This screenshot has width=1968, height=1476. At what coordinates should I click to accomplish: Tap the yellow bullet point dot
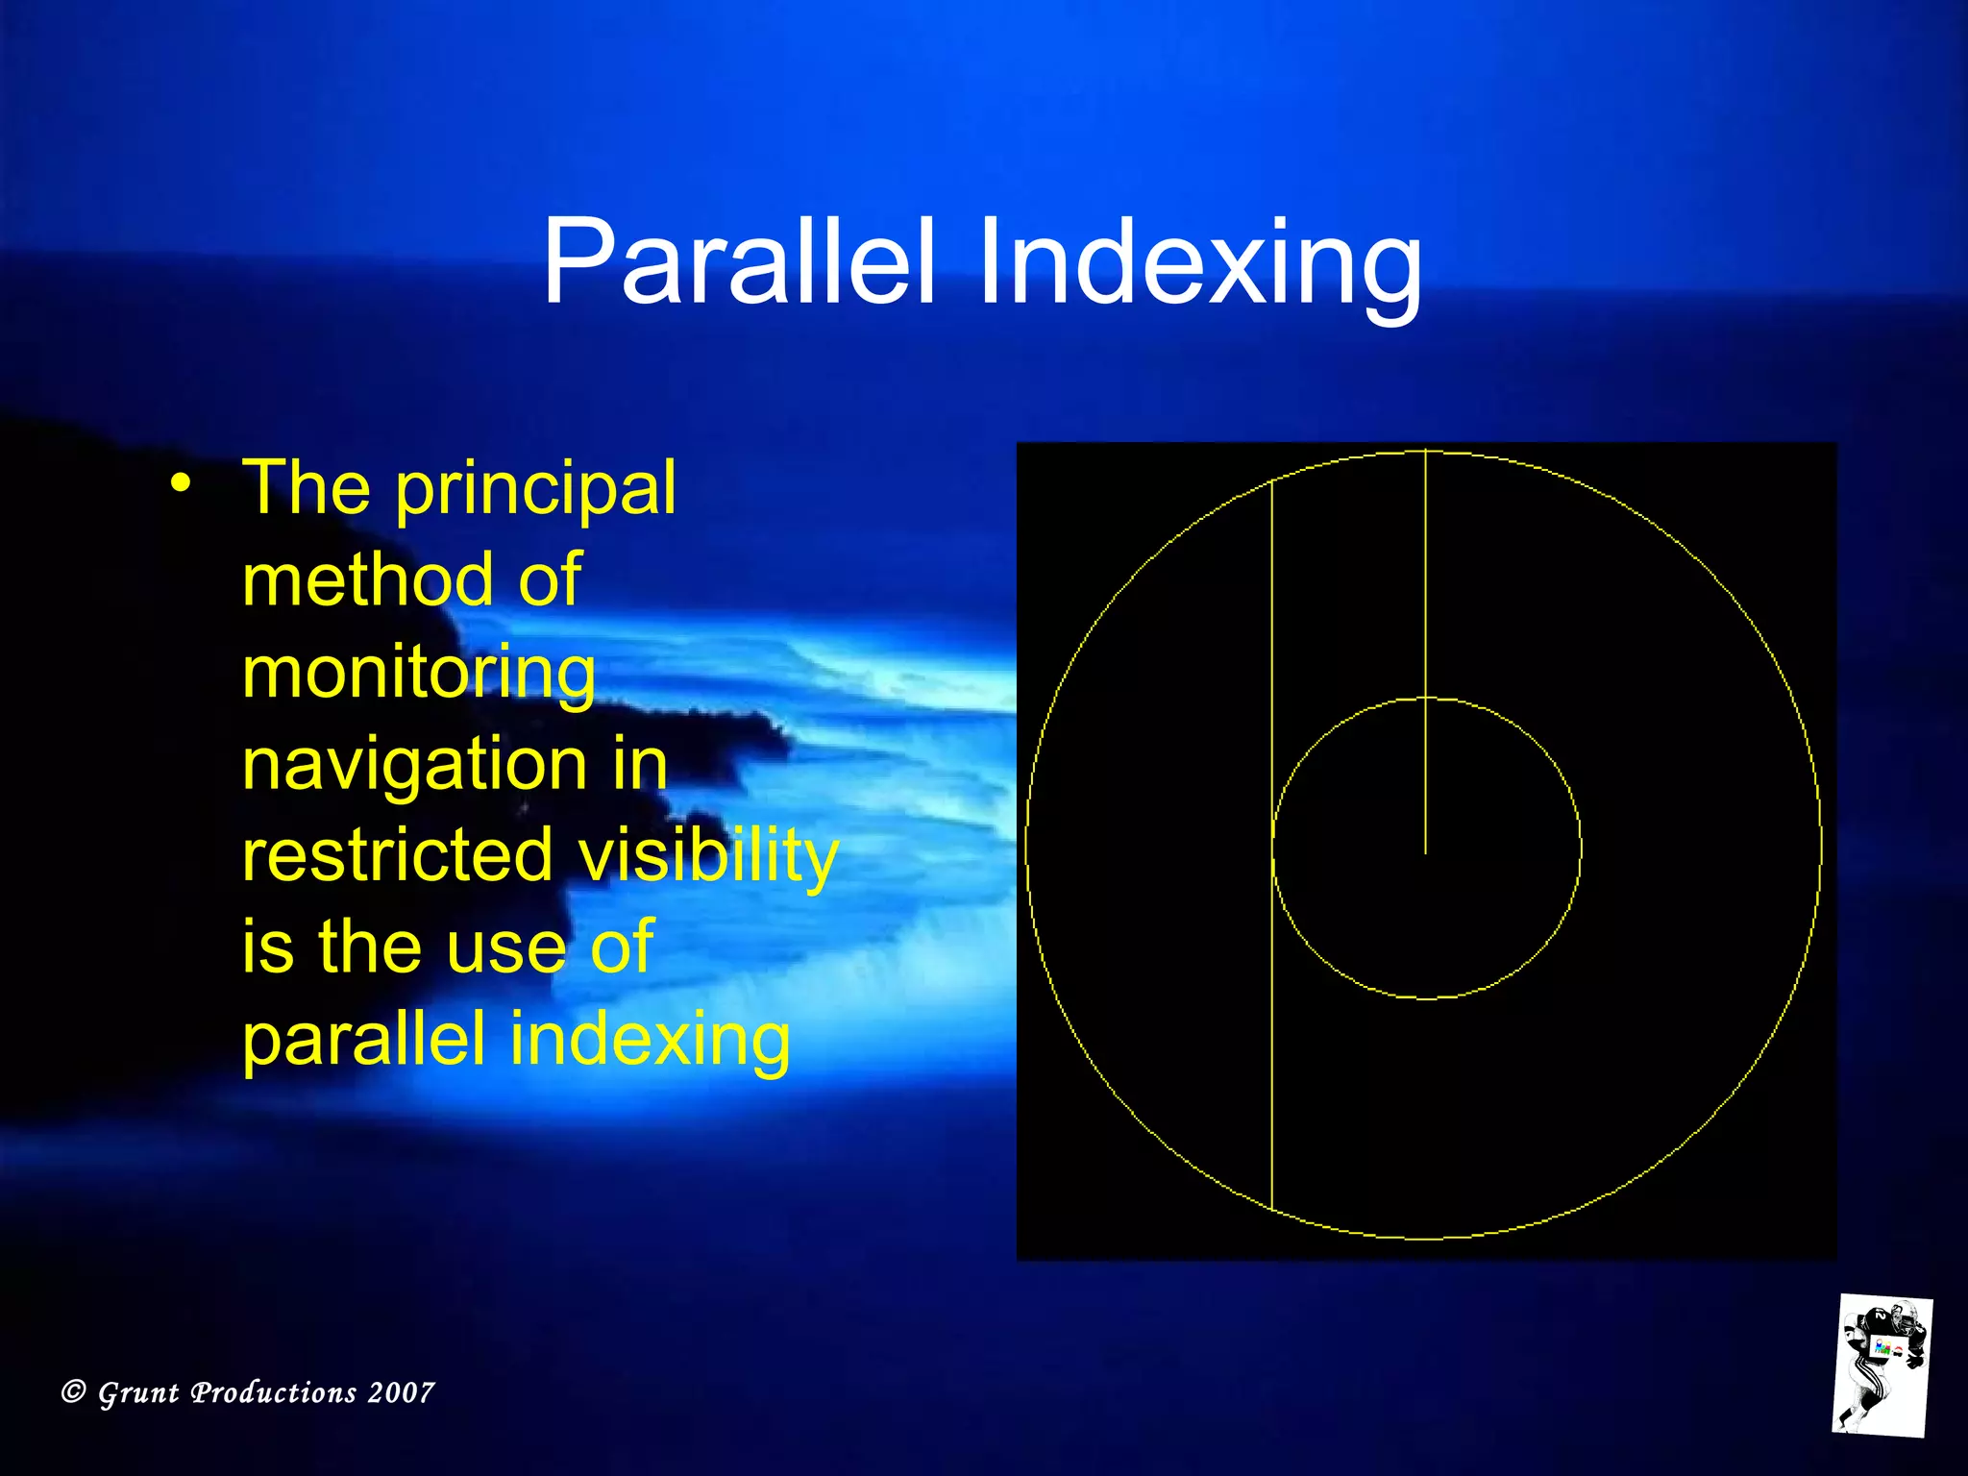181,483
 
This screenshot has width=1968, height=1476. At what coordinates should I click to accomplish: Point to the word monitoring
419,673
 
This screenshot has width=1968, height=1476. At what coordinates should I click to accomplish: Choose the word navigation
413,766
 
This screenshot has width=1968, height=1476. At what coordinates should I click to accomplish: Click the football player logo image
1882,1365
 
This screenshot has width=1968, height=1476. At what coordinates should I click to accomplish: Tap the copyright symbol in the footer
73,1391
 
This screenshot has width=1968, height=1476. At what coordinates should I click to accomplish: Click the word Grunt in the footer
138,1392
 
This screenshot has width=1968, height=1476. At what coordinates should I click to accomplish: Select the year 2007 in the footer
401,1392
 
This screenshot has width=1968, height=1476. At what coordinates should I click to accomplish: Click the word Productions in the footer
274,1392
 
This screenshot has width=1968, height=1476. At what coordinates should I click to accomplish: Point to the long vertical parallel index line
1272,846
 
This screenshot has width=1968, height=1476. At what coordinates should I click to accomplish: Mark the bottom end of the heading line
1425,852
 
